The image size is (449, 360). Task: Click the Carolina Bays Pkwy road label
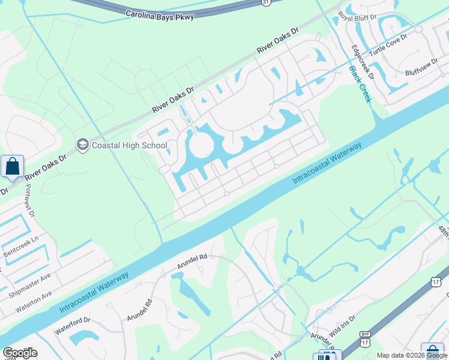point(160,14)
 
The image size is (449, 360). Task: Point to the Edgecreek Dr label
point(363,62)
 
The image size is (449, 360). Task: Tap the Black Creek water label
point(360,85)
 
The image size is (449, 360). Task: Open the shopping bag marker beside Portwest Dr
point(12,166)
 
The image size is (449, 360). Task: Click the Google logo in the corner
point(20,353)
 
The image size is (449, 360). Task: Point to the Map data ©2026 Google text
point(412,356)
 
